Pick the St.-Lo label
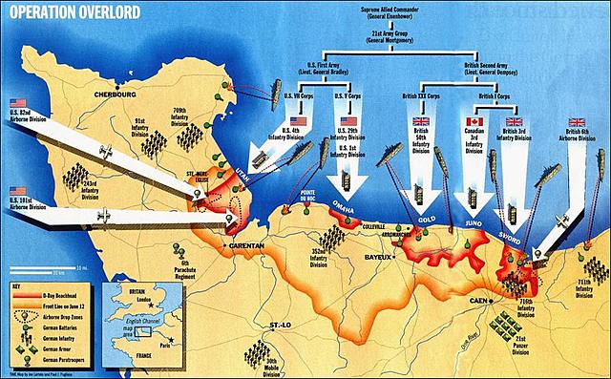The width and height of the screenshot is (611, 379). pos(283,326)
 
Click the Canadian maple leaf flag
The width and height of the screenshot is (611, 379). pos(474,122)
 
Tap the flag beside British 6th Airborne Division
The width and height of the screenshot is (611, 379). pos(576,122)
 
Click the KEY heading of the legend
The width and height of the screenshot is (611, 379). pos(15,285)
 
